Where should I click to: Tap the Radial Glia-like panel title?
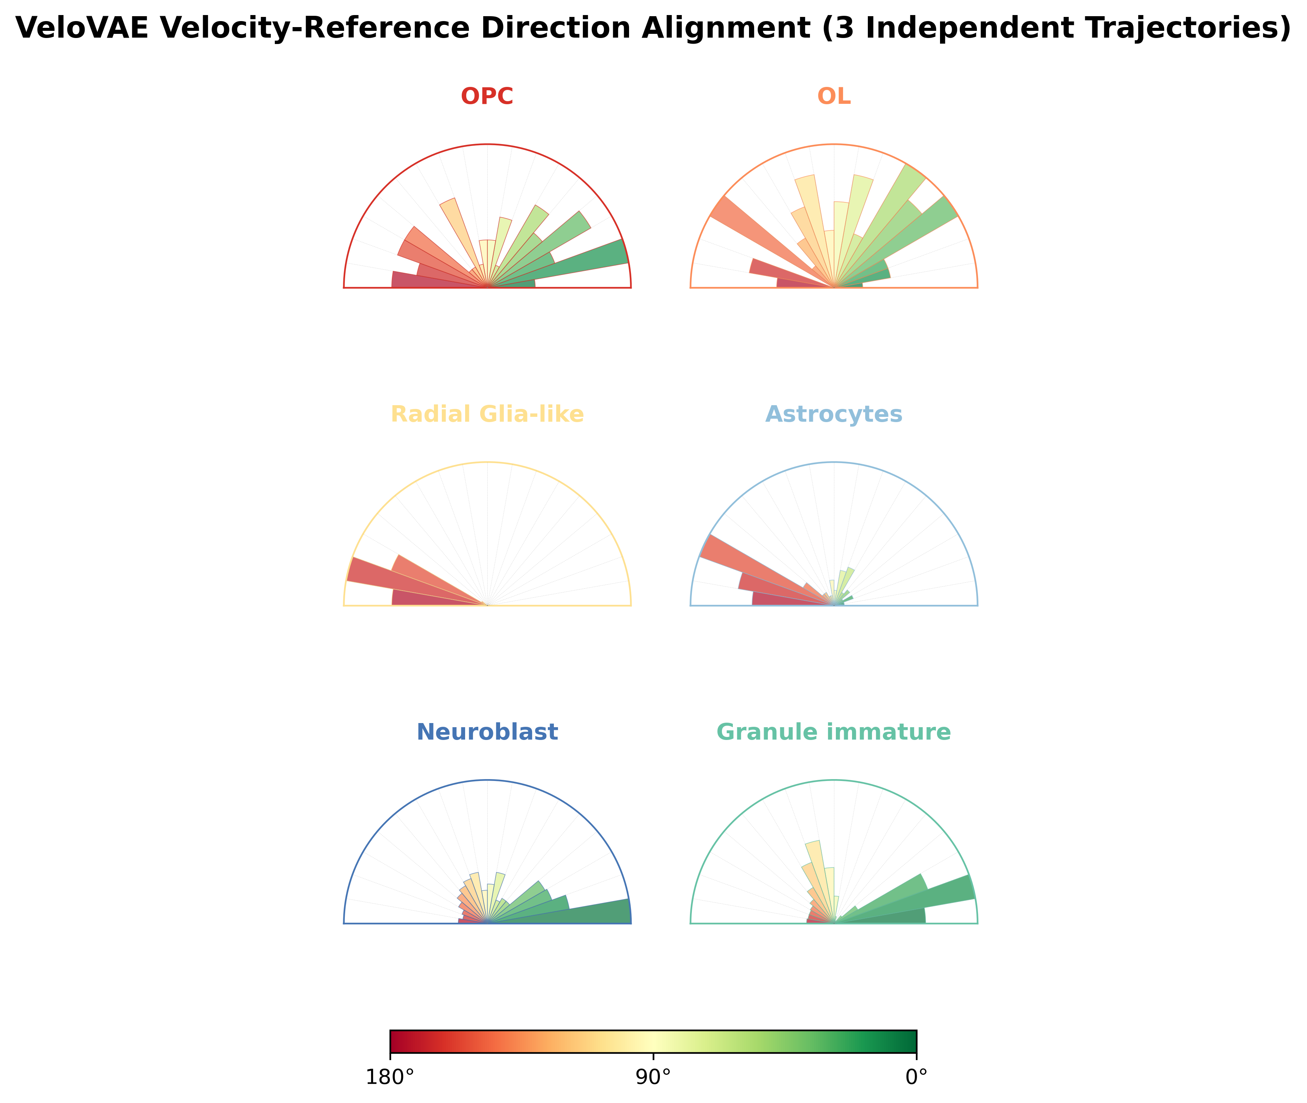(x=487, y=415)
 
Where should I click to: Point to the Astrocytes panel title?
(x=834, y=415)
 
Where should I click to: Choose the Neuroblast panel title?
(x=487, y=732)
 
